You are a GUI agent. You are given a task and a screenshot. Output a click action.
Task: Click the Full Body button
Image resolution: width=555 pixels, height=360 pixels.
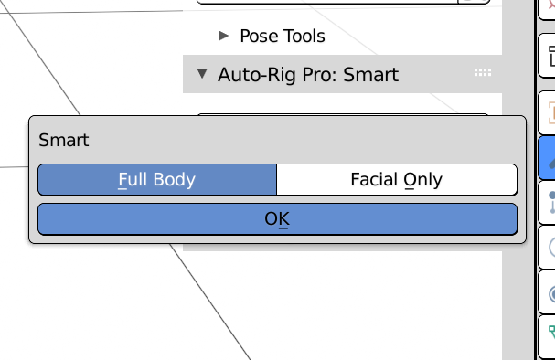(156, 179)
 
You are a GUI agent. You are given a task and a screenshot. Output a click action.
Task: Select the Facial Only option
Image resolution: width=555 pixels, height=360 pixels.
(396, 179)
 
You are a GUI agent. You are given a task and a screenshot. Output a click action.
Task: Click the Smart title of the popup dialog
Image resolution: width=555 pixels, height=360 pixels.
(64, 141)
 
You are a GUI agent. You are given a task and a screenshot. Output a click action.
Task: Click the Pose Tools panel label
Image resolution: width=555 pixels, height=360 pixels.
(282, 37)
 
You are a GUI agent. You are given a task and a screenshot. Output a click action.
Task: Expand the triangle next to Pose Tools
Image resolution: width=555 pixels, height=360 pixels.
(224, 37)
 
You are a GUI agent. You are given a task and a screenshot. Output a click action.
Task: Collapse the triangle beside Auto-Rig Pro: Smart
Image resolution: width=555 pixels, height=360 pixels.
(203, 74)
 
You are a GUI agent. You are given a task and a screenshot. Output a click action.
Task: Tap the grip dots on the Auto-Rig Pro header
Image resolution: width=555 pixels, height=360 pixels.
(483, 73)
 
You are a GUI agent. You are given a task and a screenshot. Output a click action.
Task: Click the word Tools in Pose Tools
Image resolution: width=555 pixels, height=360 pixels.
(303, 37)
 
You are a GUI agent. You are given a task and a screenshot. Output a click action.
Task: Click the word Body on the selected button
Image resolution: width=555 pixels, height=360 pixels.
(174, 179)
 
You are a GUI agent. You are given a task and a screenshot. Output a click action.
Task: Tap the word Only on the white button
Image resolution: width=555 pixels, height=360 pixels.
(422, 179)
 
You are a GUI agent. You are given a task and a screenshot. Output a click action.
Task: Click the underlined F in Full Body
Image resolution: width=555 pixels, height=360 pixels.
(122, 179)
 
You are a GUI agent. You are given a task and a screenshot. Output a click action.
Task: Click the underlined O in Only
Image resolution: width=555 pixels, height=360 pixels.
(410, 179)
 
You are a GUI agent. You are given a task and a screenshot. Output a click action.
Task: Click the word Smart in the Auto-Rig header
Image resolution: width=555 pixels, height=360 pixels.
(370, 74)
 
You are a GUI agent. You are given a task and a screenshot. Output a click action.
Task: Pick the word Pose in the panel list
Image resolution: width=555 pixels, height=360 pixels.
(259, 37)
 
